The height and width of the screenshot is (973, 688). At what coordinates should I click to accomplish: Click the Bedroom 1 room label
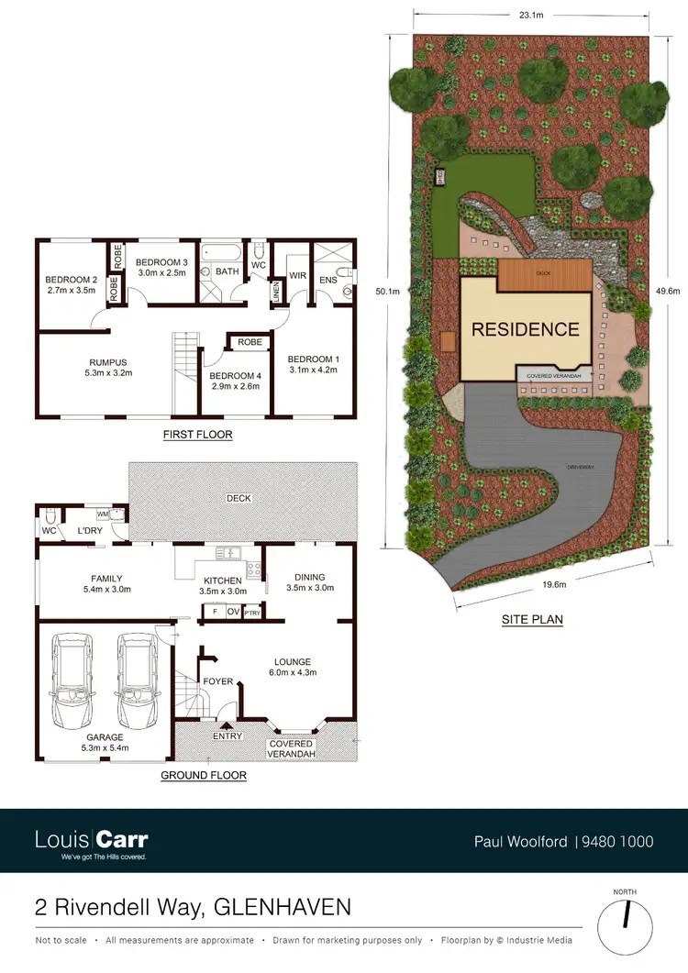313,359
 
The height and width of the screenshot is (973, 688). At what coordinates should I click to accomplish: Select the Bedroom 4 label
234,375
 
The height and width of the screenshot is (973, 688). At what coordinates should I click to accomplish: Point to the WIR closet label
296,274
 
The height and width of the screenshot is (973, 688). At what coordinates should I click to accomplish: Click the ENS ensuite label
327,280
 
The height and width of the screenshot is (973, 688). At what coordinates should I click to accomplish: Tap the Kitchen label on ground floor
223,580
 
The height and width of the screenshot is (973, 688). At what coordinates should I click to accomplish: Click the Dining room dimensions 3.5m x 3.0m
309,588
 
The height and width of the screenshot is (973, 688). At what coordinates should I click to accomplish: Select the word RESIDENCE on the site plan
526,329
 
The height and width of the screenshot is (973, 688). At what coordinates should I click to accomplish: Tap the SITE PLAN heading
532,620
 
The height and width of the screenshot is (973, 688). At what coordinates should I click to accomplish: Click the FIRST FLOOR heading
197,435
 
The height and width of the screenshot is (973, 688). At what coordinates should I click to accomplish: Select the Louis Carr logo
91,841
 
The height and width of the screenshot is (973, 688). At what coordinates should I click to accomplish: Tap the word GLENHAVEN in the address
283,908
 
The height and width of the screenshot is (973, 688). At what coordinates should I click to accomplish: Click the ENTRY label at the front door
227,736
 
